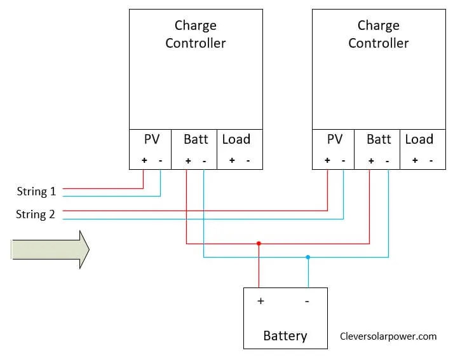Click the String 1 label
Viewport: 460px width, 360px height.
pyautogui.click(x=36, y=191)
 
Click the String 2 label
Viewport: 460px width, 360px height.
pyautogui.click(x=36, y=214)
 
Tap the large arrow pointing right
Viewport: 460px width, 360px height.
pyautogui.click(x=50, y=249)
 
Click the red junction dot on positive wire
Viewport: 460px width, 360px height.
pyautogui.click(x=259, y=243)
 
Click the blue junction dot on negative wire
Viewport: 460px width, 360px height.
pyautogui.click(x=308, y=257)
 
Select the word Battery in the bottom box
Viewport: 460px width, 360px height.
pyautogui.click(x=285, y=335)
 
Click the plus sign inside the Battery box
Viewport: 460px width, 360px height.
pyautogui.click(x=260, y=301)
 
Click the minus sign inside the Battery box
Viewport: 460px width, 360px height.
pyautogui.click(x=307, y=301)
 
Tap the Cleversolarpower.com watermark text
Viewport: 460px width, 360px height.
pyautogui.click(x=388, y=336)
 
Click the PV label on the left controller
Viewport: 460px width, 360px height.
pyautogui.click(x=151, y=139)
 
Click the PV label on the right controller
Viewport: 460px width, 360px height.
pyautogui.click(x=334, y=139)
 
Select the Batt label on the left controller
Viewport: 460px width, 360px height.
pyautogui.click(x=196, y=139)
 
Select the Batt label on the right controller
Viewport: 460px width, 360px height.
pyautogui.click(x=379, y=139)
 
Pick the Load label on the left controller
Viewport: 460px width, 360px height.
pyautogui.click(x=236, y=139)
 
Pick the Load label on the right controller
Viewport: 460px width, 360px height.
pyautogui.click(x=419, y=139)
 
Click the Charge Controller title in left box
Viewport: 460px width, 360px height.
pyautogui.click(x=196, y=34)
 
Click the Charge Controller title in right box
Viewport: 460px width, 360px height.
pyautogui.click(x=379, y=34)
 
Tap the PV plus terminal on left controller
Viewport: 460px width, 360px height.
pyautogui.click(x=144, y=160)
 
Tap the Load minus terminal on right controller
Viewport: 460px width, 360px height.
pyautogui.click(x=431, y=161)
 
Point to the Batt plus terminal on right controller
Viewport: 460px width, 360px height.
pyautogui.click(x=371, y=161)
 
